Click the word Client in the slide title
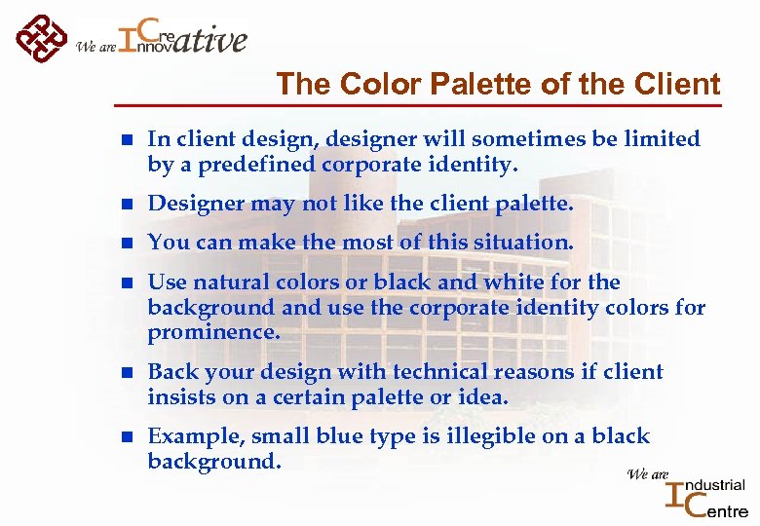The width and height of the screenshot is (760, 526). (x=680, y=85)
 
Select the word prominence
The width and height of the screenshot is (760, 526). (x=213, y=333)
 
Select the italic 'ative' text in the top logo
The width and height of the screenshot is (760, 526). (x=210, y=40)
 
